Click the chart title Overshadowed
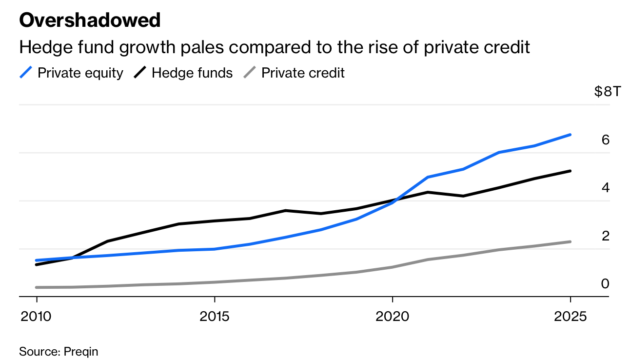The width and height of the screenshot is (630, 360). (x=90, y=20)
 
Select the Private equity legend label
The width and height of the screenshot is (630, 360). (x=80, y=73)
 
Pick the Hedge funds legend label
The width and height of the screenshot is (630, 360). (x=192, y=73)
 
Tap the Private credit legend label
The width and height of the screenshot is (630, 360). (x=303, y=73)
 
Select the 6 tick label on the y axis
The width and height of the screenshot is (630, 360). (x=606, y=140)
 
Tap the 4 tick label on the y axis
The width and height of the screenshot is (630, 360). (x=606, y=188)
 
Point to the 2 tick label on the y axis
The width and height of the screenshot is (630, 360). (x=606, y=236)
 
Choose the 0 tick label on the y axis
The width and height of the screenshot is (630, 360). (x=606, y=283)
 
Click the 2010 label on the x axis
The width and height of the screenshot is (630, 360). (x=37, y=317)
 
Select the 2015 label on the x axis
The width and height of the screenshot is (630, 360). (x=215, y=317)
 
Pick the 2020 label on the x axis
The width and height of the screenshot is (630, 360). (x=393, y=317)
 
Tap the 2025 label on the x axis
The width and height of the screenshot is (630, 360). (x=571, y=317)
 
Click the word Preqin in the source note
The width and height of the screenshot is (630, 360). (x=81, y=351)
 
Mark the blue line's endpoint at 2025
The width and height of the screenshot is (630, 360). (x=570, y=135)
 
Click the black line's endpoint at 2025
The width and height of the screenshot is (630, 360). (x=570, y=171)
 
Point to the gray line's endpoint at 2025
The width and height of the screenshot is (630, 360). (x=570, y=242)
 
